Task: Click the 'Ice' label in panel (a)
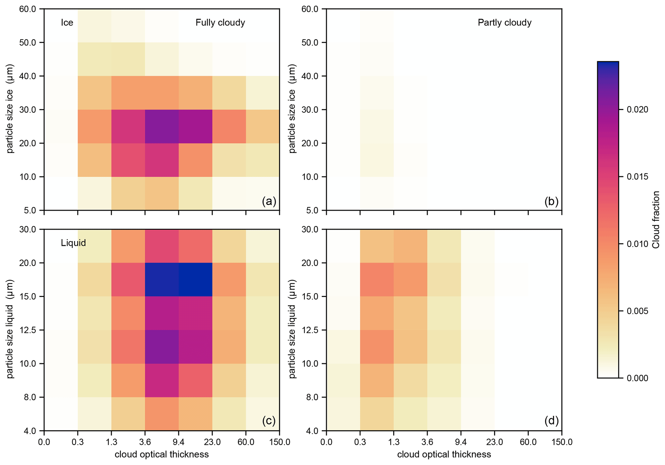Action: (67, 22)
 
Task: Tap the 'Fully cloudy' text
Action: (220, 22)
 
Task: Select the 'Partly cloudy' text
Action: (504, 22)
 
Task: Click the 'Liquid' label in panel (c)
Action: (73, 243)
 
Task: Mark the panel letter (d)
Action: (551, 421)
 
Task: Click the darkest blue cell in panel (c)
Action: (195, 280)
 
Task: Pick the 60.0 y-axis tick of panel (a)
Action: (28, 9)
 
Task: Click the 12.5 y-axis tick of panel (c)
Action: (28, 330)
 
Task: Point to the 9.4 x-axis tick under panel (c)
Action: (179, 442)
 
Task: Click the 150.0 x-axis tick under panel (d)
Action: (562, 442)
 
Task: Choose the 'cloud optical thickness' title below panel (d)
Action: (444, 454)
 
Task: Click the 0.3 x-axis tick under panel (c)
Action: (78, 442)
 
